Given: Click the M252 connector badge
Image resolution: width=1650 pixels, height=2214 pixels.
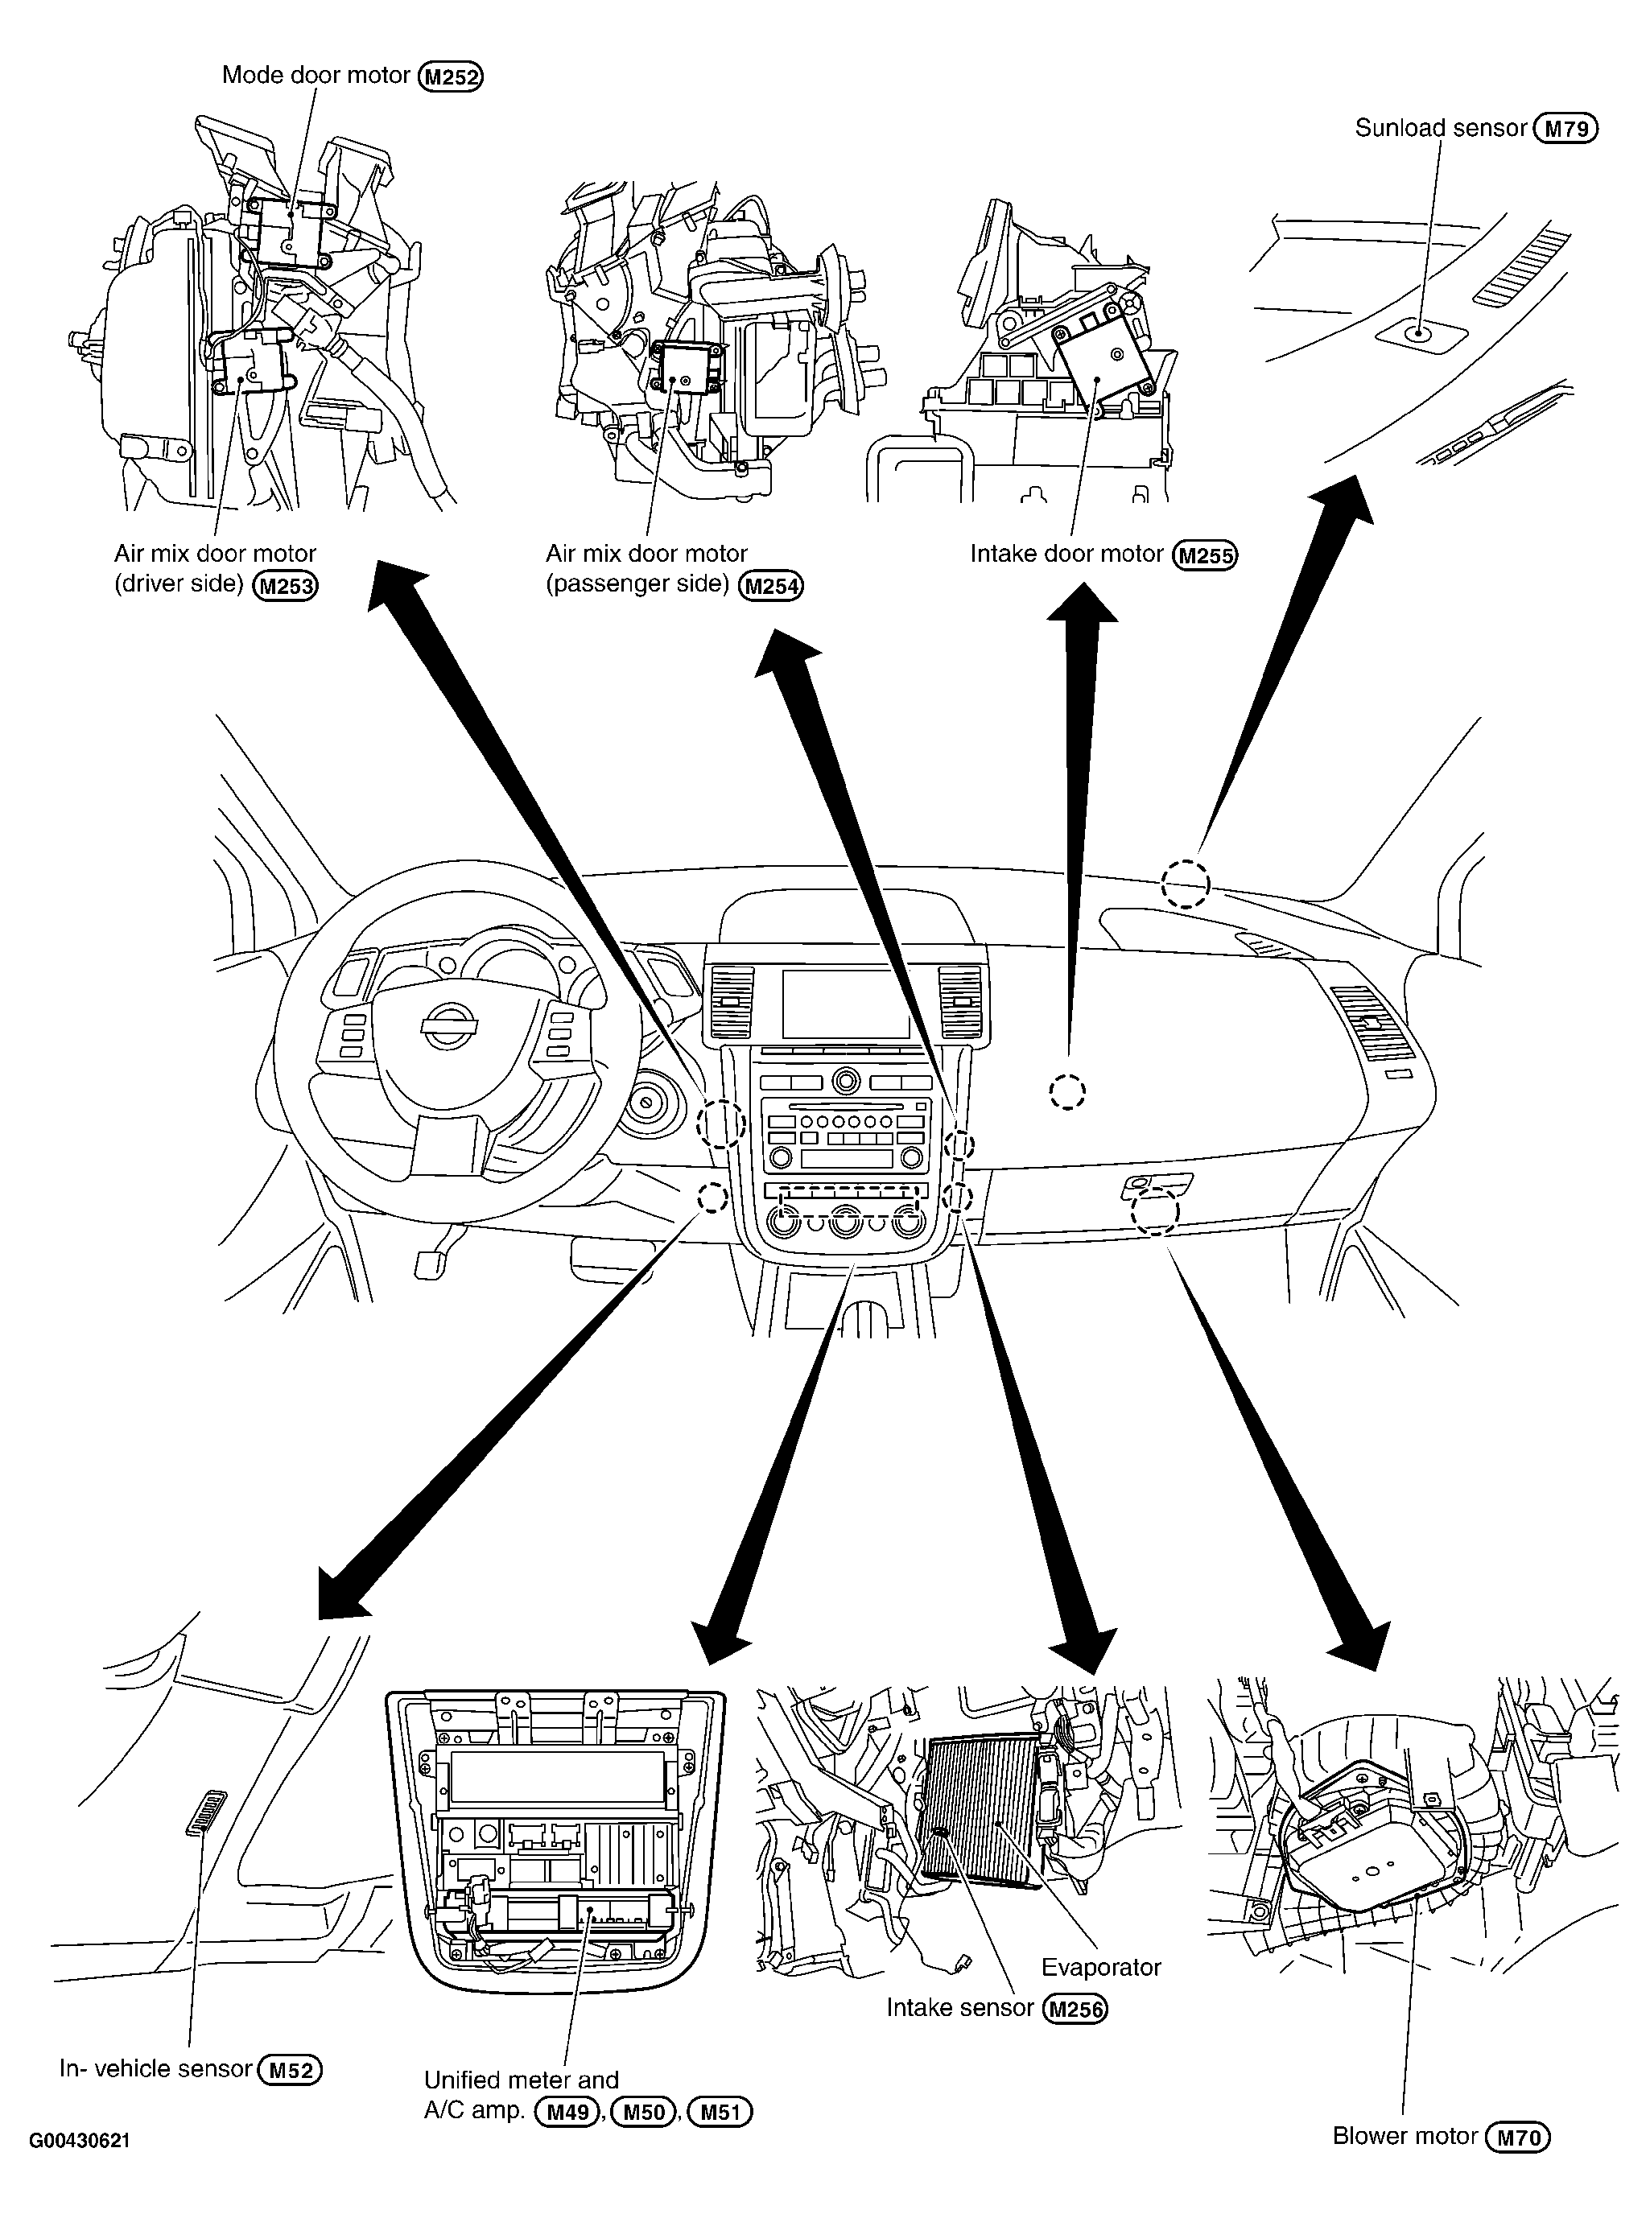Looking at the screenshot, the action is [x=451, y=77].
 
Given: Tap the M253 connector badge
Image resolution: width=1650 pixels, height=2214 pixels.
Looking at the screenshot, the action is [x=286, y=585].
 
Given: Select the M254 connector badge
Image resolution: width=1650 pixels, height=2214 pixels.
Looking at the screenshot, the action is [x=771, y=585].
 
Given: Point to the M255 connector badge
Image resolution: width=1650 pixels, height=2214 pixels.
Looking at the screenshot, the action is [x=1206, y=555].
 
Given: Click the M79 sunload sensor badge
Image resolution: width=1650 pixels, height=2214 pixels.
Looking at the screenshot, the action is [x=1566, y=129].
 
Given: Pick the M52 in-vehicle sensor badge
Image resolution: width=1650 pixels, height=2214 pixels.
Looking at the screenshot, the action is [x=291, y=2070].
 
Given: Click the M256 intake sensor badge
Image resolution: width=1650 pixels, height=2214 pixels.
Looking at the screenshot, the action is [x=1075, y=2008].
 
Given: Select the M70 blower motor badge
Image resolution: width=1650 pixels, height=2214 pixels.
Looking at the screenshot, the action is [x=1518, y=2137].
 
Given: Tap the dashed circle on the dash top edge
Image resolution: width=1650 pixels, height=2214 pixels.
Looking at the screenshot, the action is [x=1186, y=884].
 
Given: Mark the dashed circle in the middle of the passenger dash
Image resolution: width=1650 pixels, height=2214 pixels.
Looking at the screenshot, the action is [x=1066, y=1091].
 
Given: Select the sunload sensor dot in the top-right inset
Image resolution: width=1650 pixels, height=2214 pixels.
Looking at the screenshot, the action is [x=1417, y=332].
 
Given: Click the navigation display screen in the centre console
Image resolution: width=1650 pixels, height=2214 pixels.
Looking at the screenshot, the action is [x=847, y=1003].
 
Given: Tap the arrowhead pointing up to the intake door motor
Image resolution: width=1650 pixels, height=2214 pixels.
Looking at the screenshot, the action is [x=1082, y=605].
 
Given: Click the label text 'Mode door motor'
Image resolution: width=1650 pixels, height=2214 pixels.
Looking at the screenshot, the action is [x=316, y=75].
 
